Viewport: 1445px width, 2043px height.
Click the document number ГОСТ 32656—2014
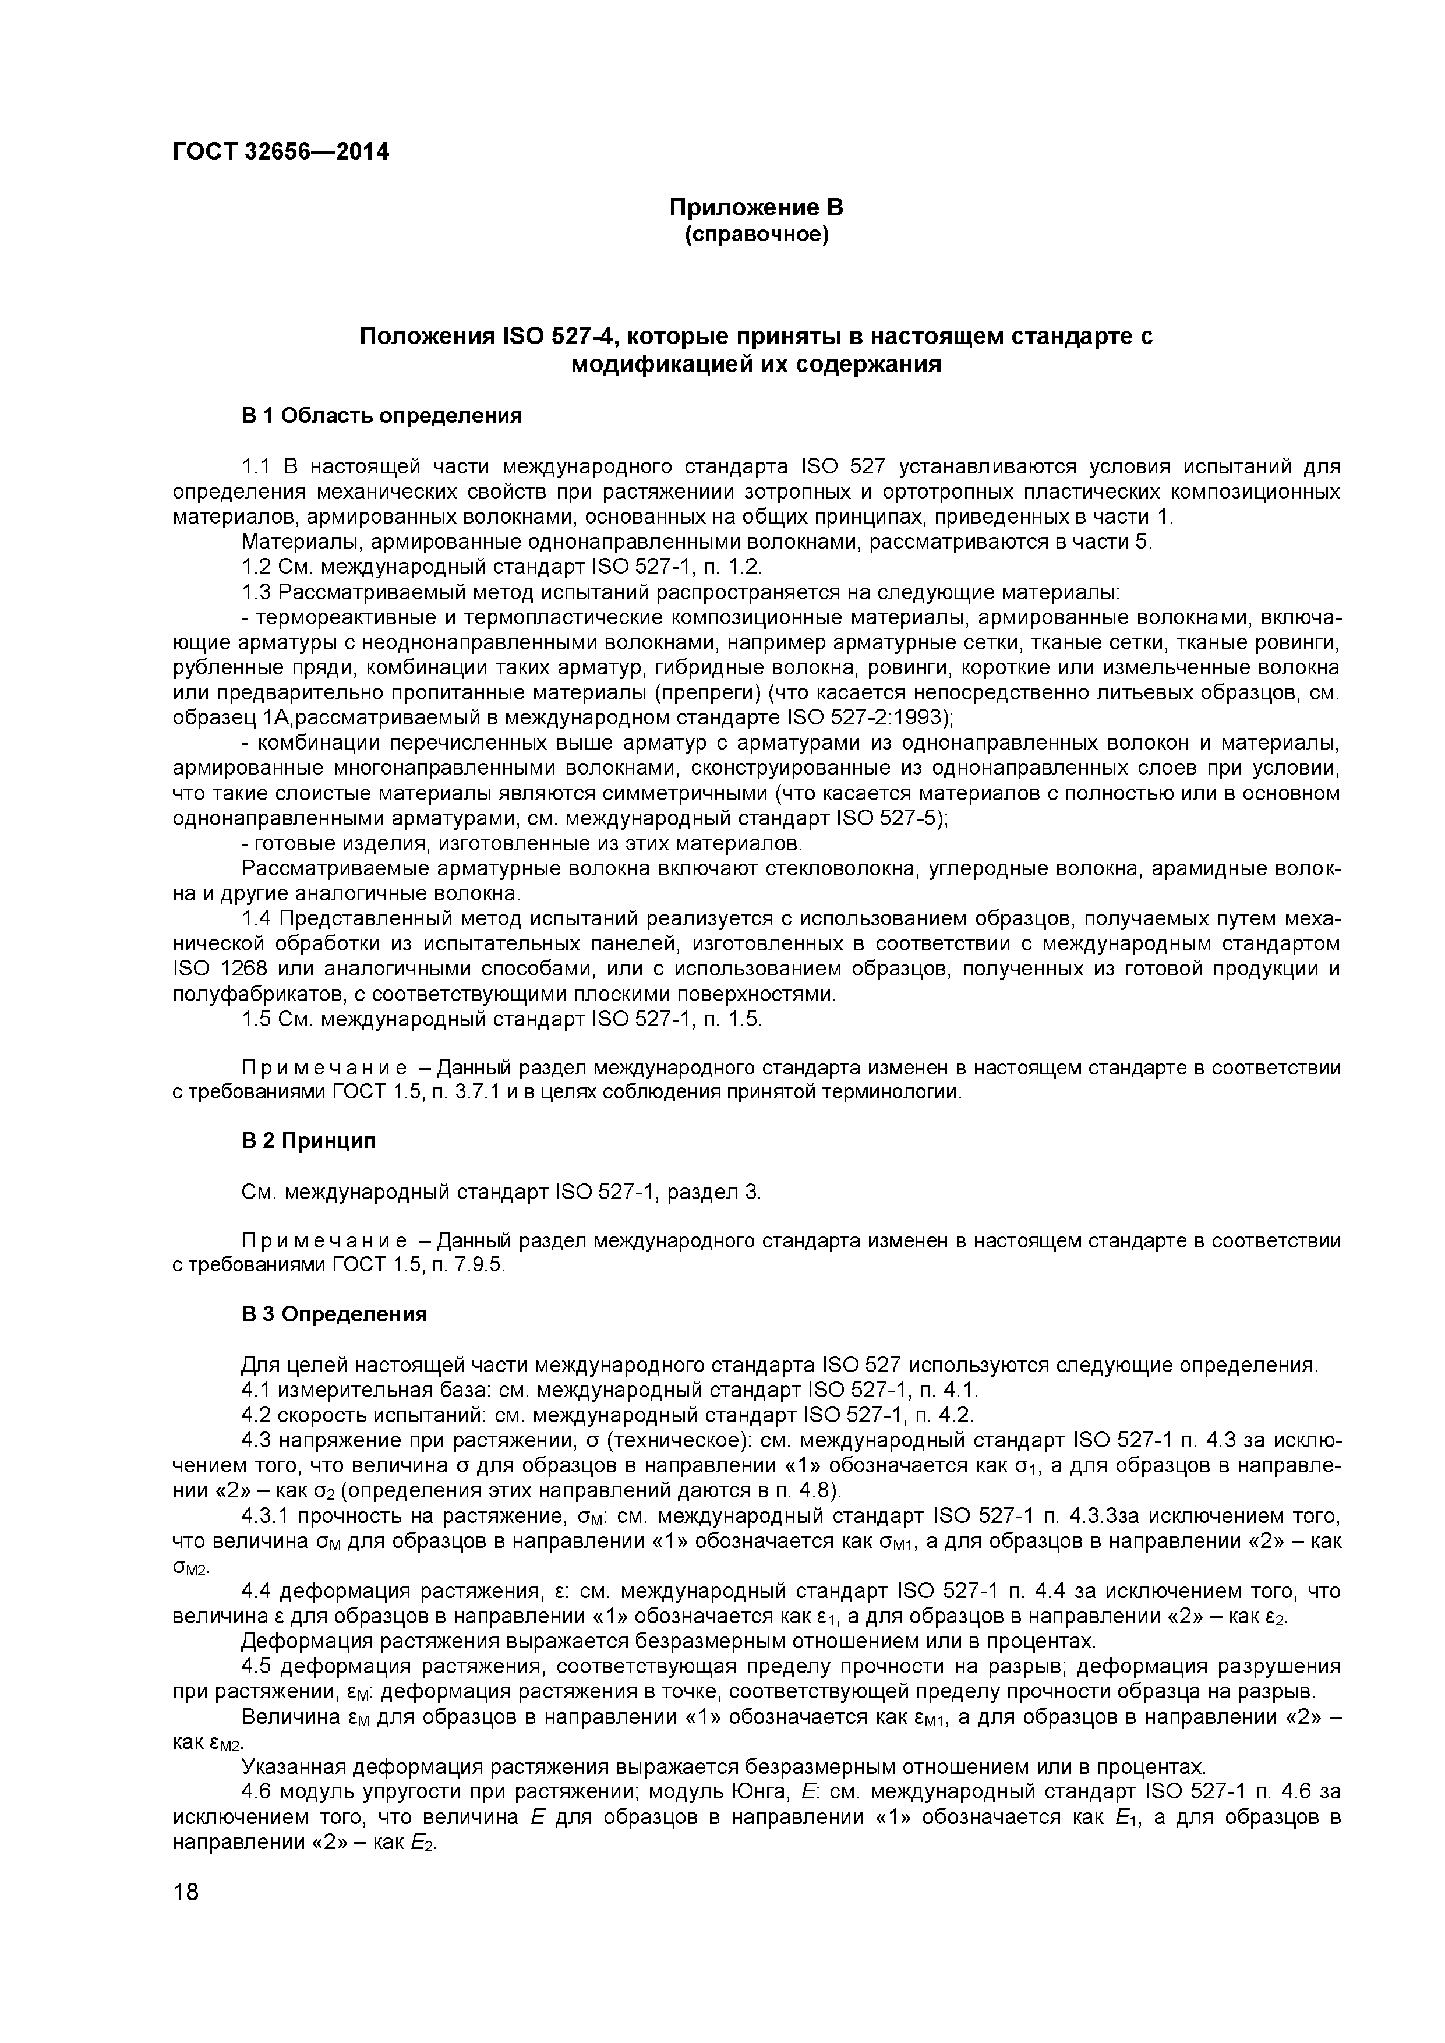coord(280,152)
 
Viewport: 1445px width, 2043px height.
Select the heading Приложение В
coord(755,208)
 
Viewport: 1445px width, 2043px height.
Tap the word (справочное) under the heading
coord(755,235)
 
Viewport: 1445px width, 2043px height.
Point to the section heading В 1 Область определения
coord(381,416)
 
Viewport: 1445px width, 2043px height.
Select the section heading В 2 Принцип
coord(308,1141)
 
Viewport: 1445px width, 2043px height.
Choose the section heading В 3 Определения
coord(334,1314)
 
